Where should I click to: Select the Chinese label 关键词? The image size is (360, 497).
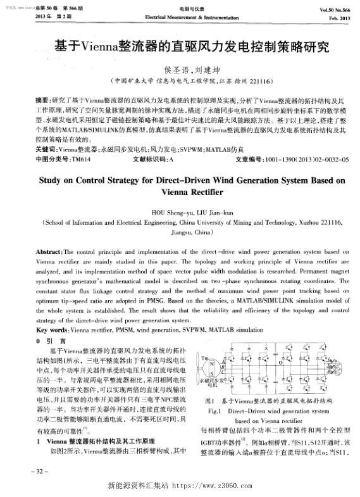[x=46, y=151]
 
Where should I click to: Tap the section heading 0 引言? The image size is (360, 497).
[x=47, y=340]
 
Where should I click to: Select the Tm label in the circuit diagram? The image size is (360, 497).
[x=204, y=359]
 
